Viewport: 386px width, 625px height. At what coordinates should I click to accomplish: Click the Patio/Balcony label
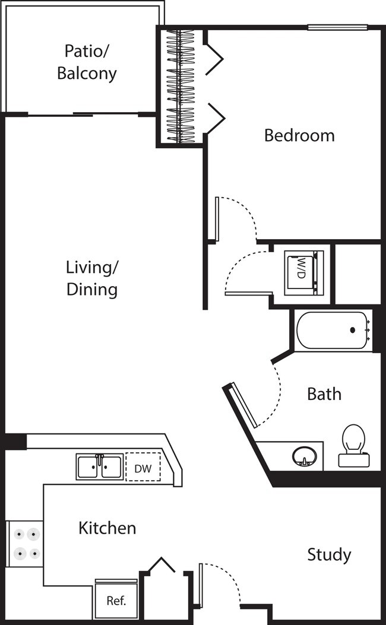click(87, 62)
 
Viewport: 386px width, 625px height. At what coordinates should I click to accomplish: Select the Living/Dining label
click(91, 278)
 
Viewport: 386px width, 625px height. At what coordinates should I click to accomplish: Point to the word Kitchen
click(107, 528)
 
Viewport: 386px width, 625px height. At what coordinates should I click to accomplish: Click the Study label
click(329, 555)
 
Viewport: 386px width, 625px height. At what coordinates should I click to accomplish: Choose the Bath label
click(324, 394)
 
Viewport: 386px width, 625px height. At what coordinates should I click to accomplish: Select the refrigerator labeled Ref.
click(116, 600)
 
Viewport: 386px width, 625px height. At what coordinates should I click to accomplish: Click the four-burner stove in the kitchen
click(24, 544)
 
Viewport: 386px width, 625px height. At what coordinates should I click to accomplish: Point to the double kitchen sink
click(100, 467)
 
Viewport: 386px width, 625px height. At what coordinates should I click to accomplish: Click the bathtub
click(333, 330)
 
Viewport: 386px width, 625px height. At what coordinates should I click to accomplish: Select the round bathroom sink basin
click(304, 457)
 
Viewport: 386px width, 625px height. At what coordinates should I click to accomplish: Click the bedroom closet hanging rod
click(181, 86)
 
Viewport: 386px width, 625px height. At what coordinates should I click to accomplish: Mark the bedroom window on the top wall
click(337, 27)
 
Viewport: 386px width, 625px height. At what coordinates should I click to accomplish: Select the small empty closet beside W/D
click(357, 273)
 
